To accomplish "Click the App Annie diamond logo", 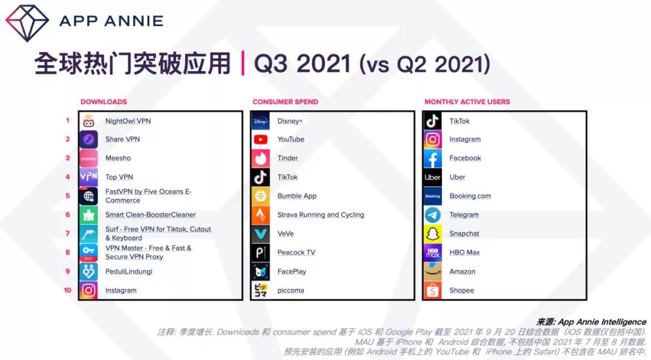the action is click(27, 23).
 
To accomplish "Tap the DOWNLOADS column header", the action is click(104, 102).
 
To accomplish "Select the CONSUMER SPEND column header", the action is click(285, 102).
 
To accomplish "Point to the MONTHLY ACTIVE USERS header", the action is click(467, 102).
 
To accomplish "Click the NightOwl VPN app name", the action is click(128, 121).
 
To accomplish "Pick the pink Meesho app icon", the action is click(89, 158).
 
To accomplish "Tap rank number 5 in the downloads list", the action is click(68, 195).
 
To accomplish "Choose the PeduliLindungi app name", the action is click(129, 271).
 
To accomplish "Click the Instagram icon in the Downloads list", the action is click(89, 290).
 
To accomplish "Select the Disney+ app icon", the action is click(260, 121).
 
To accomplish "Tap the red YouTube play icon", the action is click(260, 139).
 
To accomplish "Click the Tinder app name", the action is click(288, 158).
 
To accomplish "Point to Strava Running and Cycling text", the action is click(321, 215).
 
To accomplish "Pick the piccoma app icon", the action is click(260, 290).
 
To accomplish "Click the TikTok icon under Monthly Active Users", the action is click(432, 121).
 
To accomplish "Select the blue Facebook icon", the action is click(432, 158).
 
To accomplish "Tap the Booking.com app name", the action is click(470, 196).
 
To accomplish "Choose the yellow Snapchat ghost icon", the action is click(432, 234).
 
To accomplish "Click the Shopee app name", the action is click(462, 290).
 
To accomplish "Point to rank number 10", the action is click(68, 290).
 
